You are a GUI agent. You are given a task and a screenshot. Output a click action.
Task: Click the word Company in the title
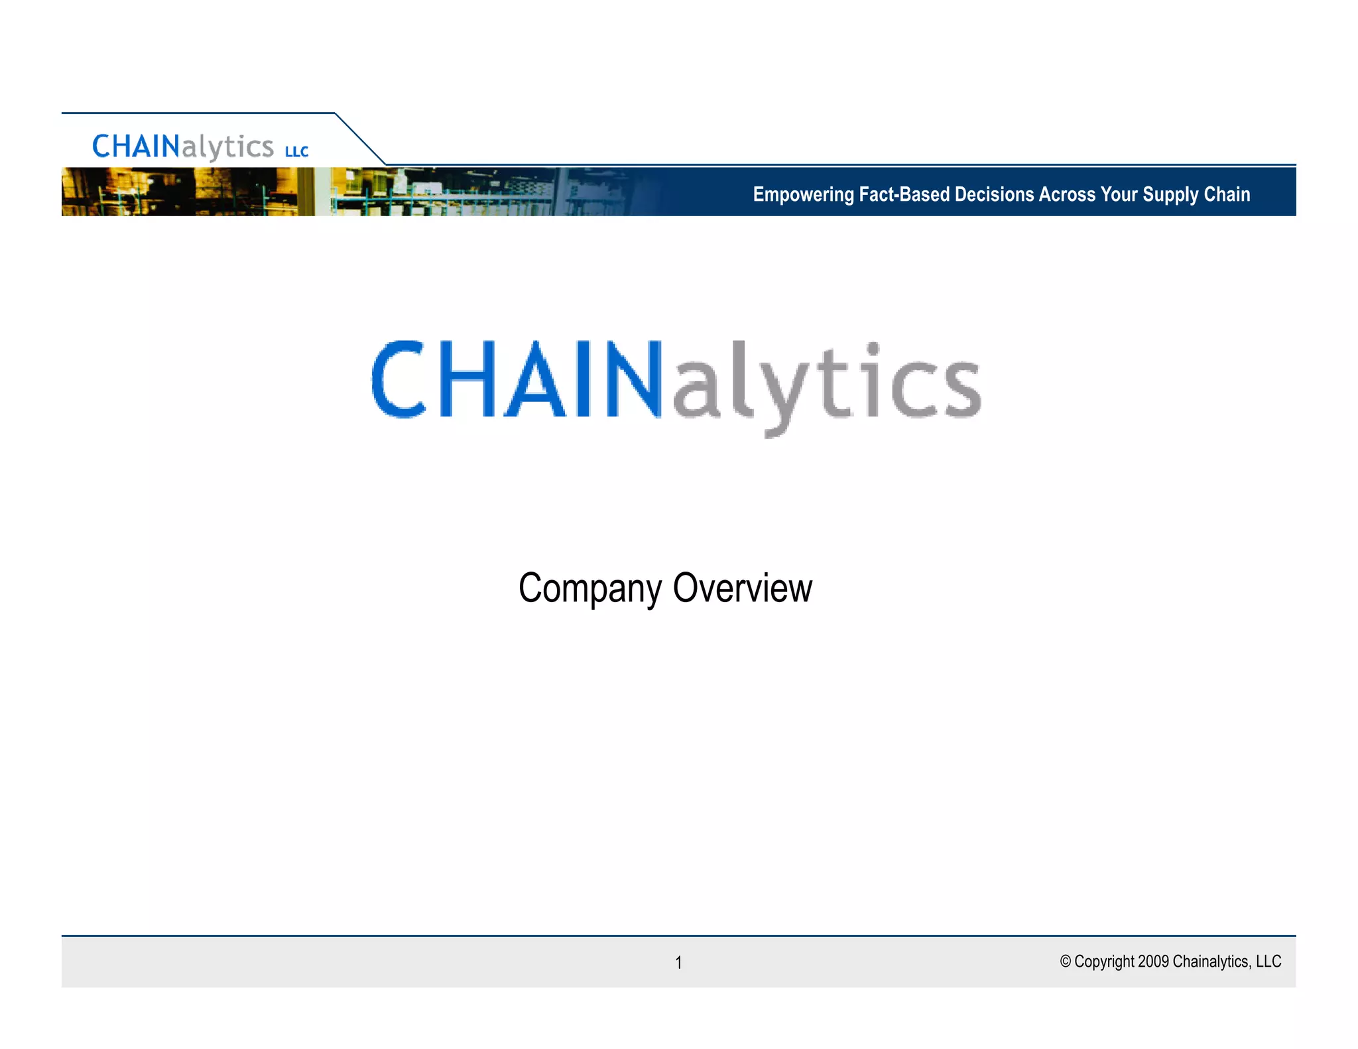589,589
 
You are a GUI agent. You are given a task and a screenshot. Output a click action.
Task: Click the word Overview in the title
742,587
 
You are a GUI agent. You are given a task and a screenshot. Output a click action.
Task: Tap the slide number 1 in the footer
678,962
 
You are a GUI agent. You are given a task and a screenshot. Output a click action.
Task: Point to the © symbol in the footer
1065,961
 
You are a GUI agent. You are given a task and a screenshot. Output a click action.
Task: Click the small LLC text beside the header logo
296,152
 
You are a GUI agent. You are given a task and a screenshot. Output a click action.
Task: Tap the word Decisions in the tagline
994,194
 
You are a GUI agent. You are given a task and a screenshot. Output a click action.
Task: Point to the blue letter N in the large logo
633,379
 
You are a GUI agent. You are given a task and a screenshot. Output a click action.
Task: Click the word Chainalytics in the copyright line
1211,961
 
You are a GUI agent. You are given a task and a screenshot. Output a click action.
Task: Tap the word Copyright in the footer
1104,961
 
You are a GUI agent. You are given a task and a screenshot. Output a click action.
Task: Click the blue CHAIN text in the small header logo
136,147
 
